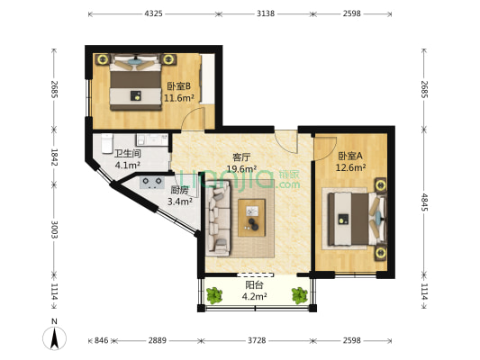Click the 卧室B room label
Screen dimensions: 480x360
pos(179,86)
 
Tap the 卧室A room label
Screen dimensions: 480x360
pos(350,156)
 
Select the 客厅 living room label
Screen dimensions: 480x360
pos(241,157)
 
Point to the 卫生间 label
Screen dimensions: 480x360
pos(127,154)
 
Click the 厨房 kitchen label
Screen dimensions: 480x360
pos(179,190)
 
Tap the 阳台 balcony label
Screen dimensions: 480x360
pos(254,285)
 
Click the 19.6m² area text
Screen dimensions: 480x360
pos(241,169)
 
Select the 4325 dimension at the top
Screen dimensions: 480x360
pos(153,13)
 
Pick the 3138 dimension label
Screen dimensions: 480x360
pos(266,13)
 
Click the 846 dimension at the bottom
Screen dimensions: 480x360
pos(102,340)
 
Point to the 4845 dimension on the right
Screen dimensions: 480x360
pos(424,202)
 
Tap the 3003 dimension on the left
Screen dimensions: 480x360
pos(55,229)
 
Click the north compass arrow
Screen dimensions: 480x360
pos(55,337)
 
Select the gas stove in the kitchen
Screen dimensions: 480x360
pos(150,183)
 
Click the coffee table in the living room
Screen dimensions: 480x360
pos(251,218)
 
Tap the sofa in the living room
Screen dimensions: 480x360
pos(218,218)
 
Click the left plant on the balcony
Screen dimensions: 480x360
pos(214,295)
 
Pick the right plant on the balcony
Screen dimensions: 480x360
pos(299,295)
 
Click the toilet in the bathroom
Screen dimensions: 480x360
pos(107,143)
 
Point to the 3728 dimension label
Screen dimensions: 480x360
pos(257,340)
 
